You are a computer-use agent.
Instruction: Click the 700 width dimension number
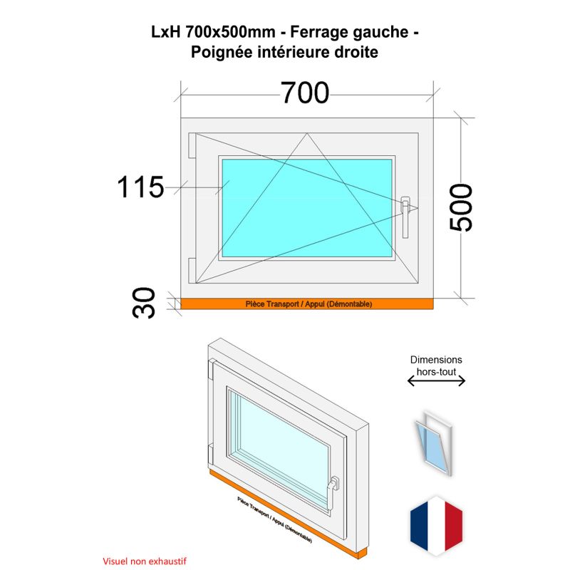pyautogui.click(x=305, y=93)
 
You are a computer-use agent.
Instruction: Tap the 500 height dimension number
pyautogui.click(x=461, y=207)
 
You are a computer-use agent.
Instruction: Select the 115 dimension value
pyautogui.click(x=140, y=187)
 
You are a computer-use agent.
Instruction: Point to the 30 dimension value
pyautogui.click(x=144, y=304)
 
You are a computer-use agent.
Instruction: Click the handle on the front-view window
pyautogui.click(x=405, y=217)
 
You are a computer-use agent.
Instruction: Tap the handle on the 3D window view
pyautogui.click(x=332, y=492)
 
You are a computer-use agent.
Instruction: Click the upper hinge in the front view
pyautogui.click(x=192, y=145)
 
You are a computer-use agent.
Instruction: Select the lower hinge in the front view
pyautogui.click(x=192, y=271)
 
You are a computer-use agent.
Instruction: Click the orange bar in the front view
pyautogui.click(x=307, y=304)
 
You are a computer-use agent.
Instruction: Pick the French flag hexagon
pyautogui.click(x=436, y=526)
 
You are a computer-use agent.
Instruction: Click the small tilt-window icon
pyautogui.click(x=434, y=443)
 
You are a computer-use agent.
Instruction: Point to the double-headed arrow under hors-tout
pyautogui.click(x=436, y=381)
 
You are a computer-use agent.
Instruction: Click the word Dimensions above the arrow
pyautogui.click(x=436, y=360)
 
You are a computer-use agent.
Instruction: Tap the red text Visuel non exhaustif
pyautogui.click(x=145, y=561)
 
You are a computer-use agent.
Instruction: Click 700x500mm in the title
pyautogui.click(x=230, y=32)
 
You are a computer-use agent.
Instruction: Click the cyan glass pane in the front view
pyautogui.click(x=307, y=208)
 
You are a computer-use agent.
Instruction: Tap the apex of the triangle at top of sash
pyautogui.click(x=307, y=133)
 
